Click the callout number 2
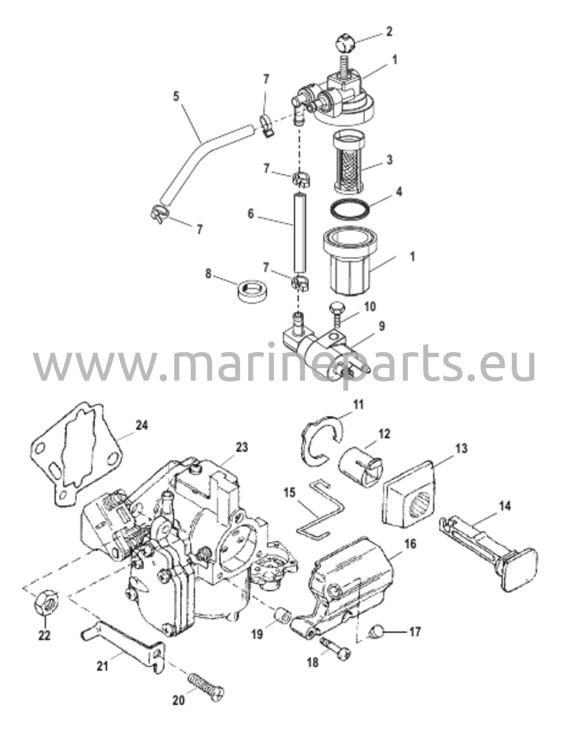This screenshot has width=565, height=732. (389, 31)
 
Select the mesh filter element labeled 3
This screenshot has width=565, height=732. (349, 161)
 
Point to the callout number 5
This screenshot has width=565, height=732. (176, 97)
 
